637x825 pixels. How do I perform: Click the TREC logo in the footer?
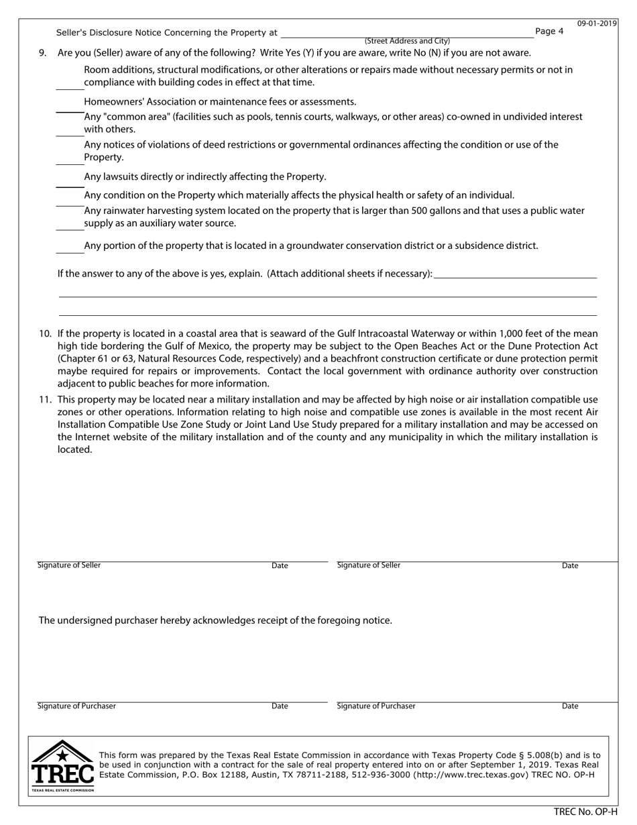coord(62,766)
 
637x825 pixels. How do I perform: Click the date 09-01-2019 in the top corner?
coord(597,23)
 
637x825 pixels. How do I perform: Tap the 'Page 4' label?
coord(550,32)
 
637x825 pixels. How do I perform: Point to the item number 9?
coord(43,53)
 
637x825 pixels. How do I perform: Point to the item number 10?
coord(45,333)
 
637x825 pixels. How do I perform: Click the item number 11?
coord(45,399)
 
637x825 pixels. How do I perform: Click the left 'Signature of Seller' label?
coord(69,565)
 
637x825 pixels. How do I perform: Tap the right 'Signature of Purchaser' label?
coord(376,706)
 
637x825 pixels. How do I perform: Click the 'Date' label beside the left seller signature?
coord(280,566)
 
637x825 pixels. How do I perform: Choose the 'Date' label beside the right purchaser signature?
coord(570,706)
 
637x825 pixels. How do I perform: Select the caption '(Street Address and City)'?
coord(407,42)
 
